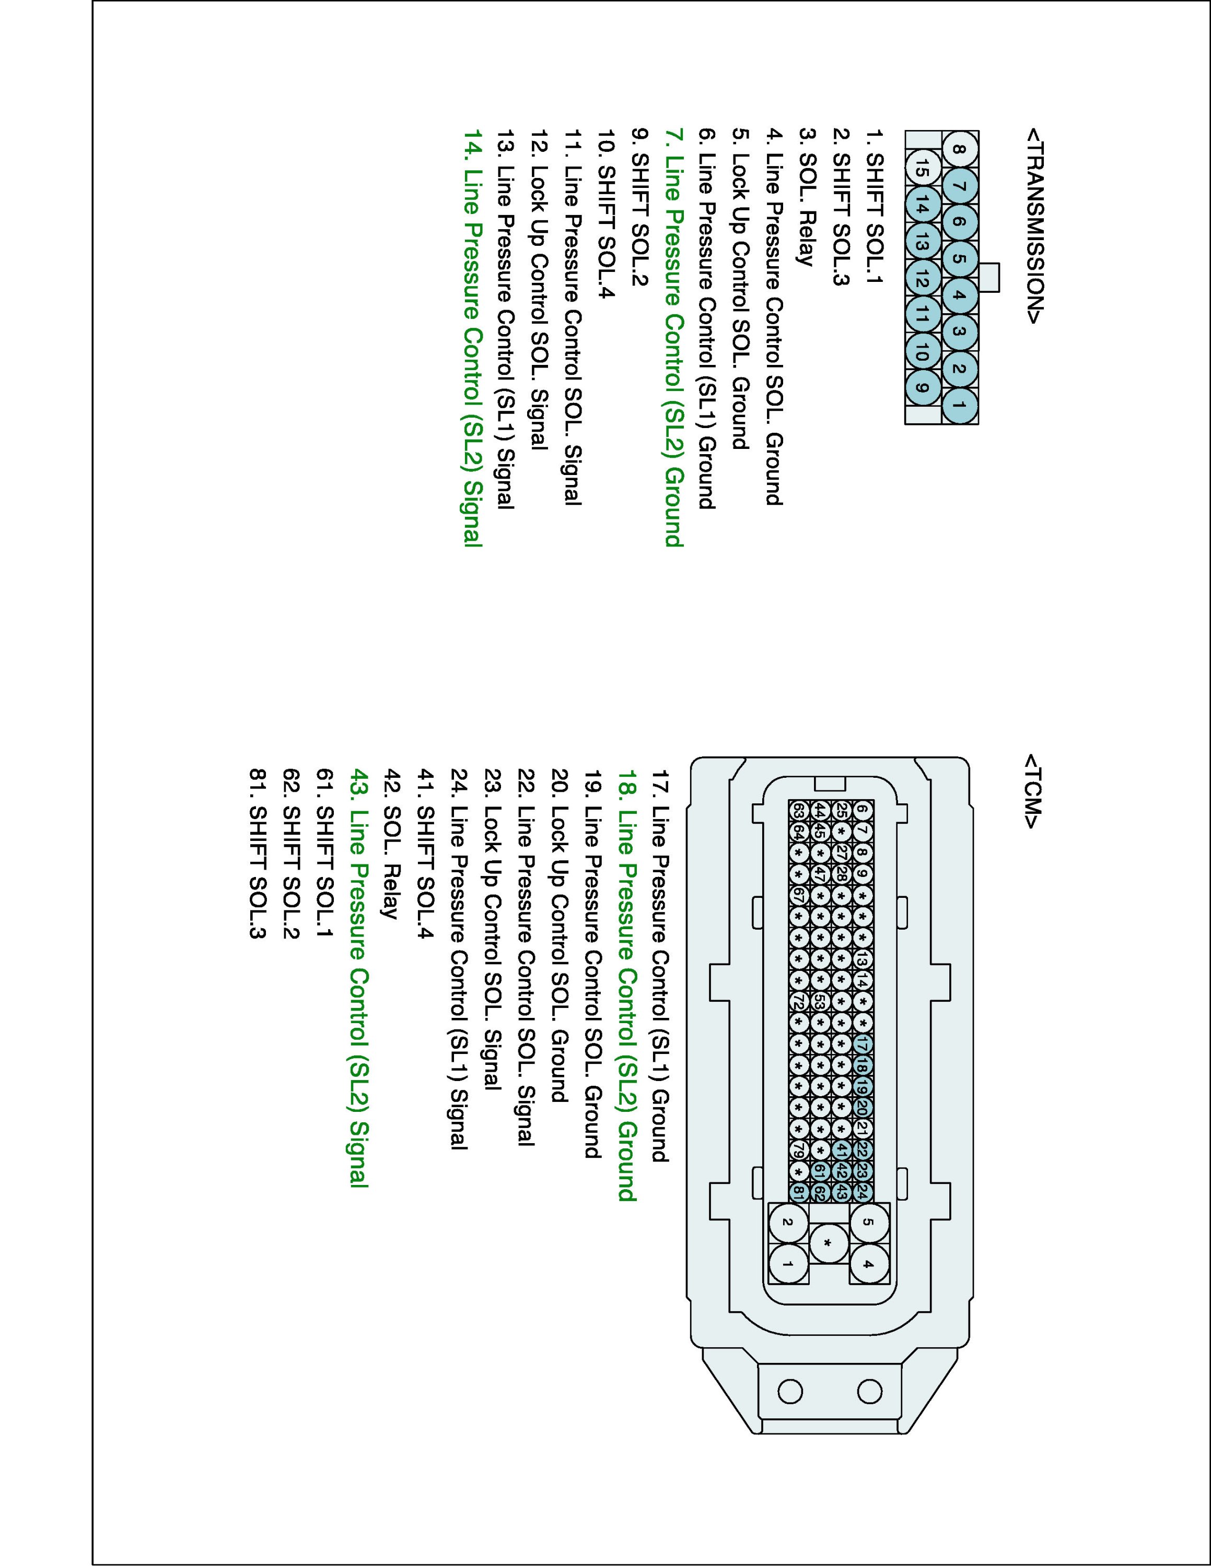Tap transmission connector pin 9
click(x=923, y=389)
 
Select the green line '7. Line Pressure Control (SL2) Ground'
click(x=674, y=338)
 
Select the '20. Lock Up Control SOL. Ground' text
click(x=560, y=936)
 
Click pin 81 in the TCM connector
click(x=798, y=1192)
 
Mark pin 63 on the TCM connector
click(x=798, y=810)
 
